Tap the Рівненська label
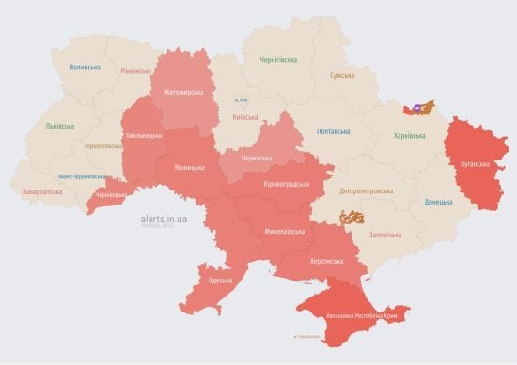(137, 71)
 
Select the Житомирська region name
(183, 93)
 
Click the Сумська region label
(342, 75)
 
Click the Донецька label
(438, 202)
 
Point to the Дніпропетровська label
(362, 190)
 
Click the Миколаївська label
(286, 229)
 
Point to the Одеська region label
(221, 281)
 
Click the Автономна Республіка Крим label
(363, 317)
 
